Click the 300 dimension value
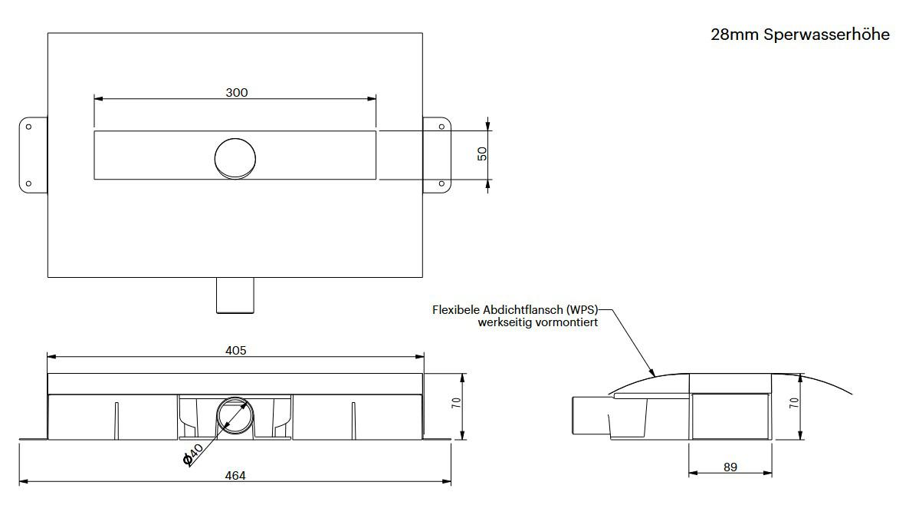[237, 92]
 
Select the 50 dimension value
[482, 154]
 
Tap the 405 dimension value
[236, 350]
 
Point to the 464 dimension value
[235, 476]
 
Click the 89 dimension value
[730, 467]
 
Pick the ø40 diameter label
[192, 454]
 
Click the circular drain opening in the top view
[235, 159]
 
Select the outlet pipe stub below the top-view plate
[235, 295]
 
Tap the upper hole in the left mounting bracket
[28, 127]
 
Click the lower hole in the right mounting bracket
[441, 183]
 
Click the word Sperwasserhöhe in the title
[827, 35]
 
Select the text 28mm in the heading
[734, 35]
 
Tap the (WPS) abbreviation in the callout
[582, 310]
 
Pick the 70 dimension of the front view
[456, 402]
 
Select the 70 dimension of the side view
[794, 401]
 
